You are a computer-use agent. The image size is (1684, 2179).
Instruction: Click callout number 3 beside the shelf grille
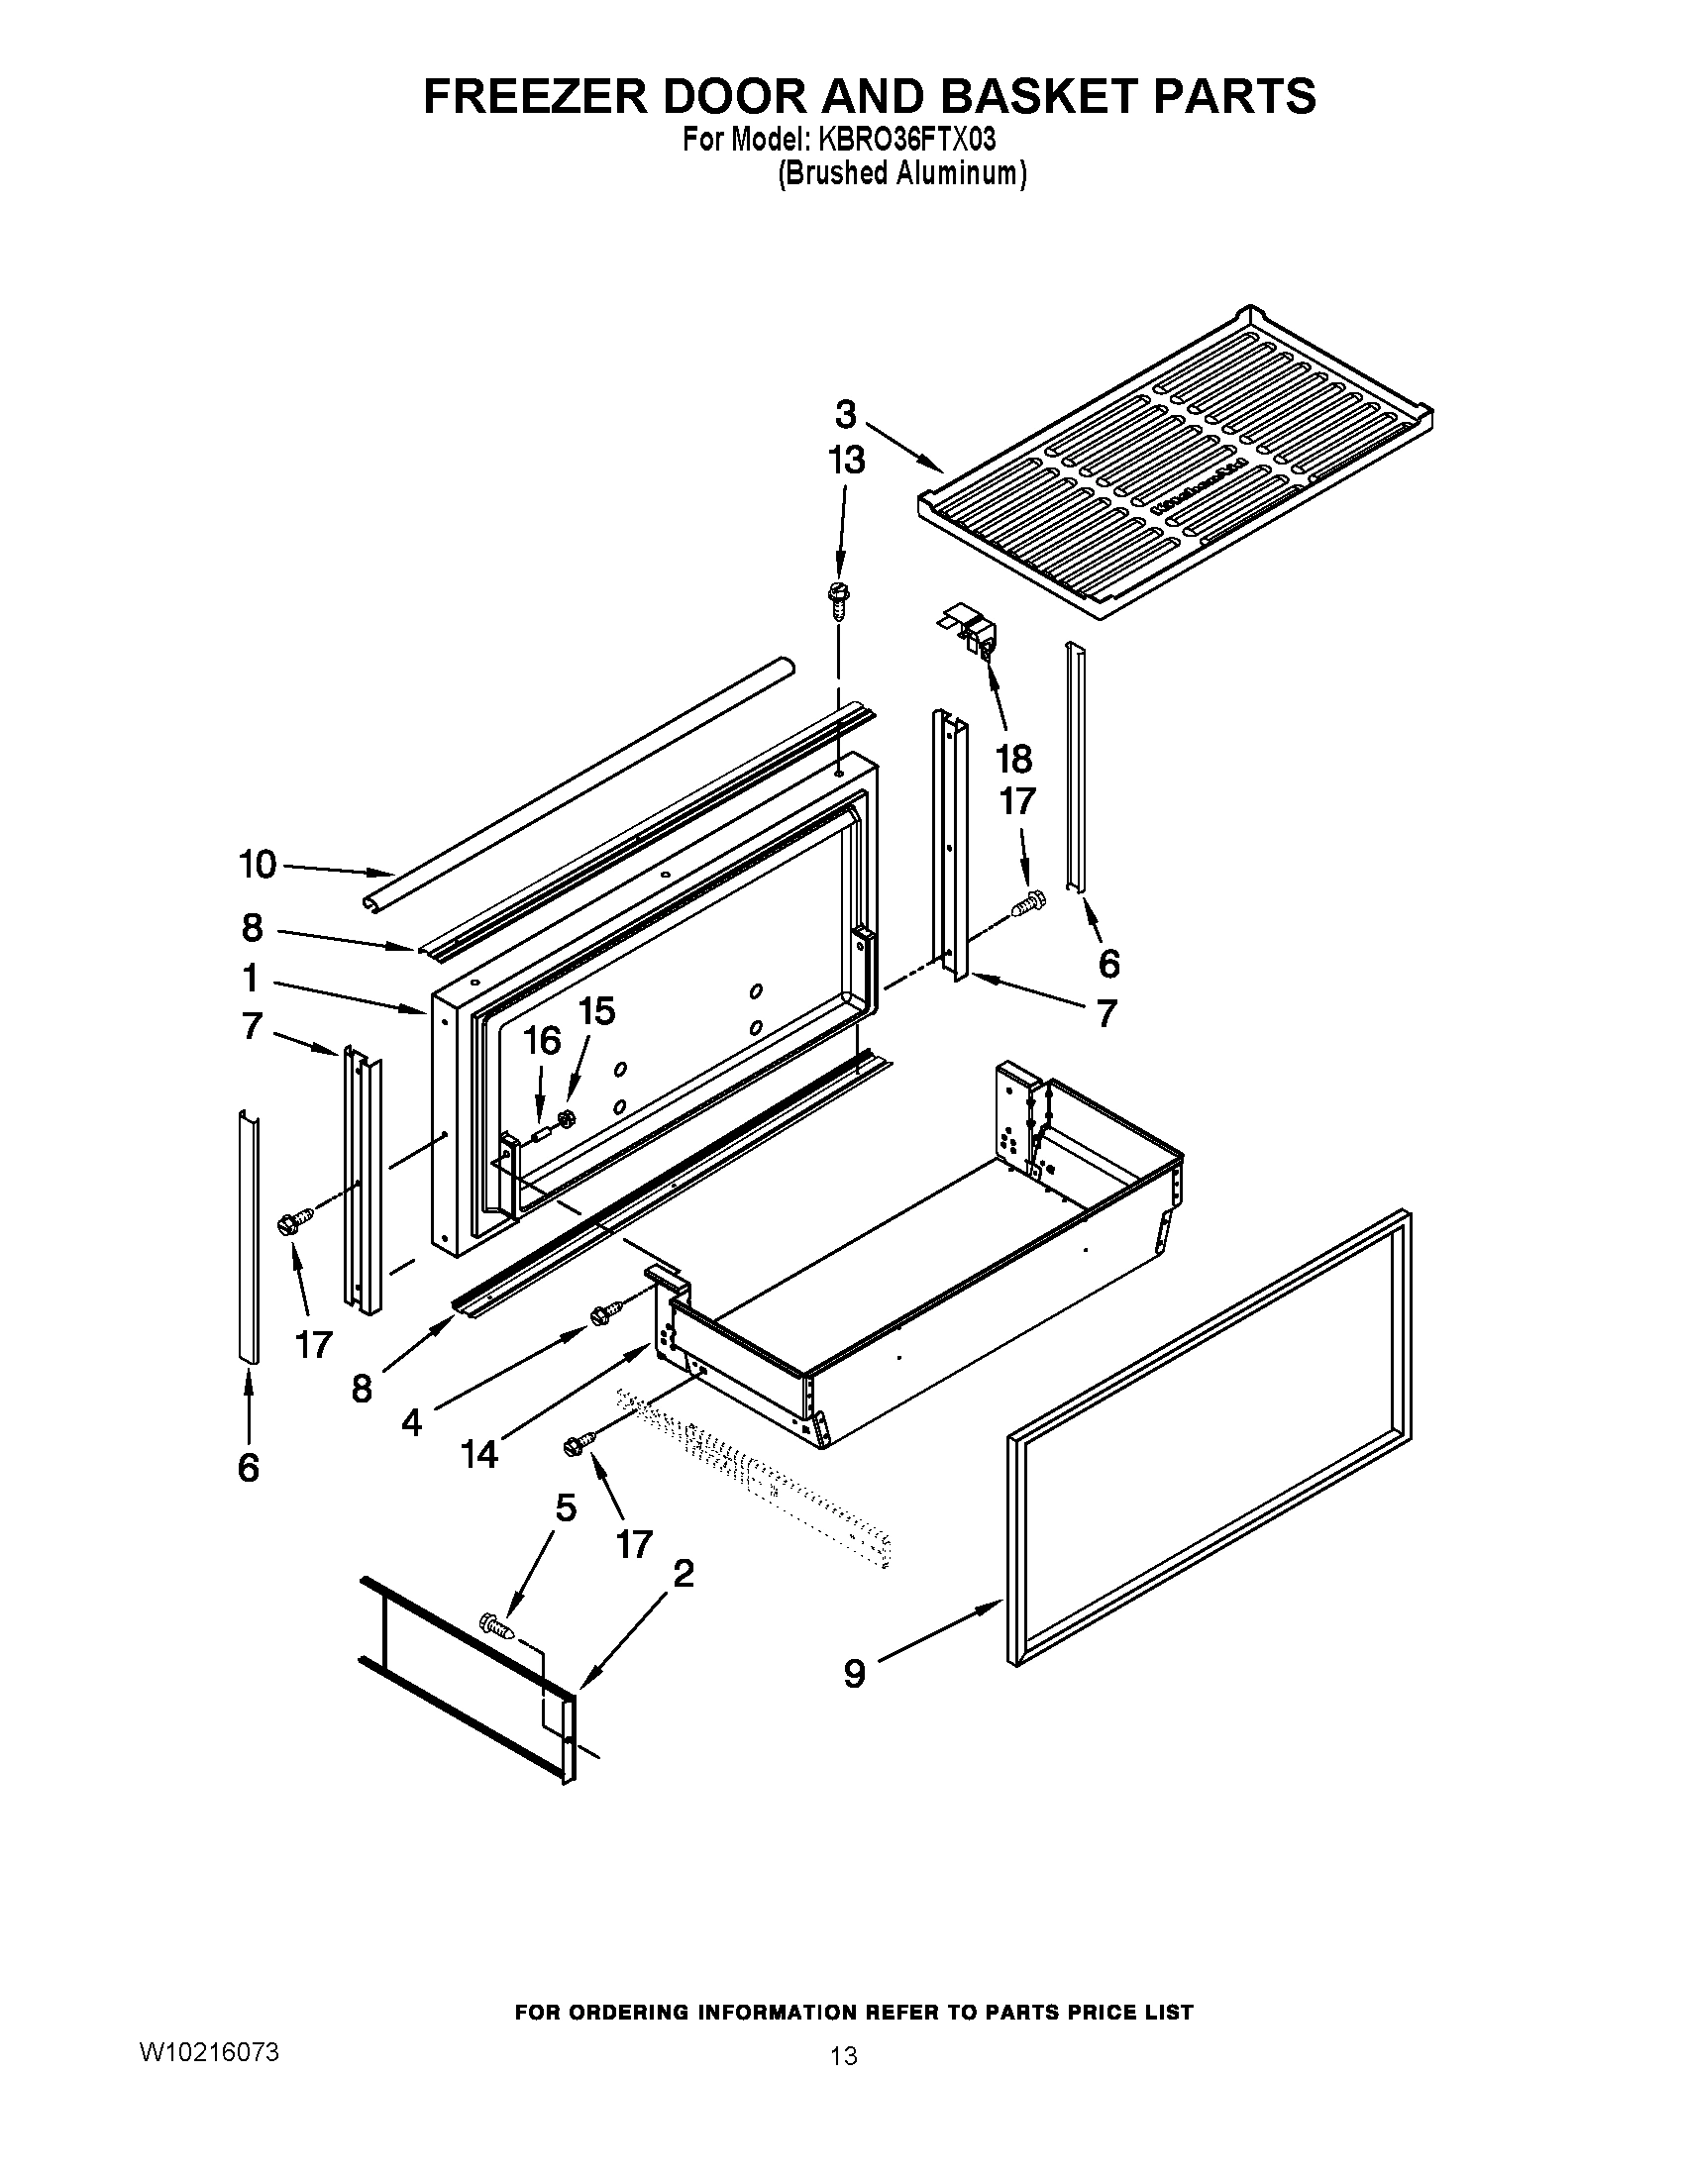tap(845, 413)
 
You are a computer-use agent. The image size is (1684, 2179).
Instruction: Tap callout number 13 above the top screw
tap(846, 460)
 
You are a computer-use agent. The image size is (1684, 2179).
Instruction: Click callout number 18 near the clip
tap(1013, 760)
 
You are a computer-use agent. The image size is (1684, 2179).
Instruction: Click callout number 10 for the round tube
tap(258, 864)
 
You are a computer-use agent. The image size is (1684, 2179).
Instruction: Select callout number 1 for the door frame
tap(251, 978)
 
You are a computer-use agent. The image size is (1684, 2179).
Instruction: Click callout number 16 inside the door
tap(543, 1041)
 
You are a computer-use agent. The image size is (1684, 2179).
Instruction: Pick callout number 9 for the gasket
tap(854, 1673)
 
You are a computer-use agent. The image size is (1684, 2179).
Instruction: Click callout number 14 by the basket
tap(478, 1455)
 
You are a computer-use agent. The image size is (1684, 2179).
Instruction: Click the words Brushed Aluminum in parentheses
tap(901, 172)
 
